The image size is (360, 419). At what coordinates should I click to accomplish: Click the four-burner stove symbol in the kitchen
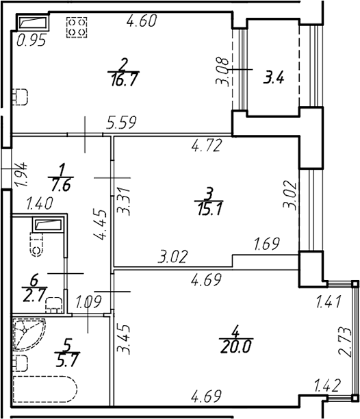[77, 27]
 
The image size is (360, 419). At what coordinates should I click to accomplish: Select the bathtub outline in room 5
[45, 390]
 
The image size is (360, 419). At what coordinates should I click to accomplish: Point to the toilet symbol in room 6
[37, 244]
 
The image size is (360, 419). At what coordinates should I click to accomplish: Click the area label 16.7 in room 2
[124, 79]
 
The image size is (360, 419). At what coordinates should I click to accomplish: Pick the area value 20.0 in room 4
[236, 347]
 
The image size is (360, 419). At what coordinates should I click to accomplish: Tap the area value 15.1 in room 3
[209, 209]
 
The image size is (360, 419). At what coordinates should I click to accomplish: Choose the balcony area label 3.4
[274, 78]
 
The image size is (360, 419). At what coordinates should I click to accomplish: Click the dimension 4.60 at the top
[142, 21]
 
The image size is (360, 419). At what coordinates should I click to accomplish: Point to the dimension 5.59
[122, 122]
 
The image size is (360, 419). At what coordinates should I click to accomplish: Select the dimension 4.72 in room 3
[207, 146]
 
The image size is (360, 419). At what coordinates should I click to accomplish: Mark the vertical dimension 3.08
[222, 72]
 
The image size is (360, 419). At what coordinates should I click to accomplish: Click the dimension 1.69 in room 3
[267, 244]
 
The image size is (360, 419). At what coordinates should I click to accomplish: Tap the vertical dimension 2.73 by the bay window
[345, 342]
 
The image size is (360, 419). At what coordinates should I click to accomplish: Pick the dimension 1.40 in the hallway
[40, 203]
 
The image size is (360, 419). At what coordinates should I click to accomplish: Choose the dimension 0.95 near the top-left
[31, 40]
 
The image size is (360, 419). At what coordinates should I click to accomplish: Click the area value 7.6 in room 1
[61, 185]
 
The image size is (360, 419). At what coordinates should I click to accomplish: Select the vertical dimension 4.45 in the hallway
[100, 225]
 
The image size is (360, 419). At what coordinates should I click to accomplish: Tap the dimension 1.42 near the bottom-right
[327, 385]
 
